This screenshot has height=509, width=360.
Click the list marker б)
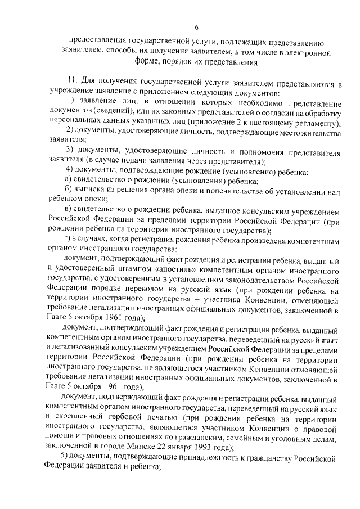(x=68, y=191)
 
